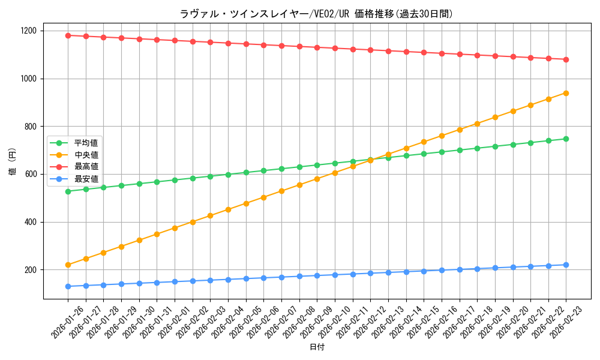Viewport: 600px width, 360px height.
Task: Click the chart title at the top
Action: [x=316, y=13]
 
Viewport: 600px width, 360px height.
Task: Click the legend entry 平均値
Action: [x=86, y=143]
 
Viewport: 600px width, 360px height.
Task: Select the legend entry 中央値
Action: [x=86, y=155]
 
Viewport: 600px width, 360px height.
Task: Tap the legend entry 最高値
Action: [x=86, y=167]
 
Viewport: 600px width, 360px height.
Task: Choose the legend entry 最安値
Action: [x=86, y=179]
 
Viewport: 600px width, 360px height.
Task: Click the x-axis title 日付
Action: [x=317, y=347]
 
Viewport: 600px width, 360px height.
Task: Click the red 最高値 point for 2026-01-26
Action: [x=68, y=35]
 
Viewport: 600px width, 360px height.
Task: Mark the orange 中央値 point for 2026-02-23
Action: [x=566, y=93]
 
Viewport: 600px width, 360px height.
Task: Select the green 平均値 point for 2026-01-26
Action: [x=68, y=191]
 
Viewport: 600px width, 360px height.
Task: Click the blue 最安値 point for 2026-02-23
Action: [x=566, y=265]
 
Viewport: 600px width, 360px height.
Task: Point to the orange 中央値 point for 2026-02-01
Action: [x=175, y=228]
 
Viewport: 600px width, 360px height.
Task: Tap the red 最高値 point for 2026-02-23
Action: [x=566, y=59]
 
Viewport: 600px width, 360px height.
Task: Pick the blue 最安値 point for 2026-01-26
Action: [x=68, y=286]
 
